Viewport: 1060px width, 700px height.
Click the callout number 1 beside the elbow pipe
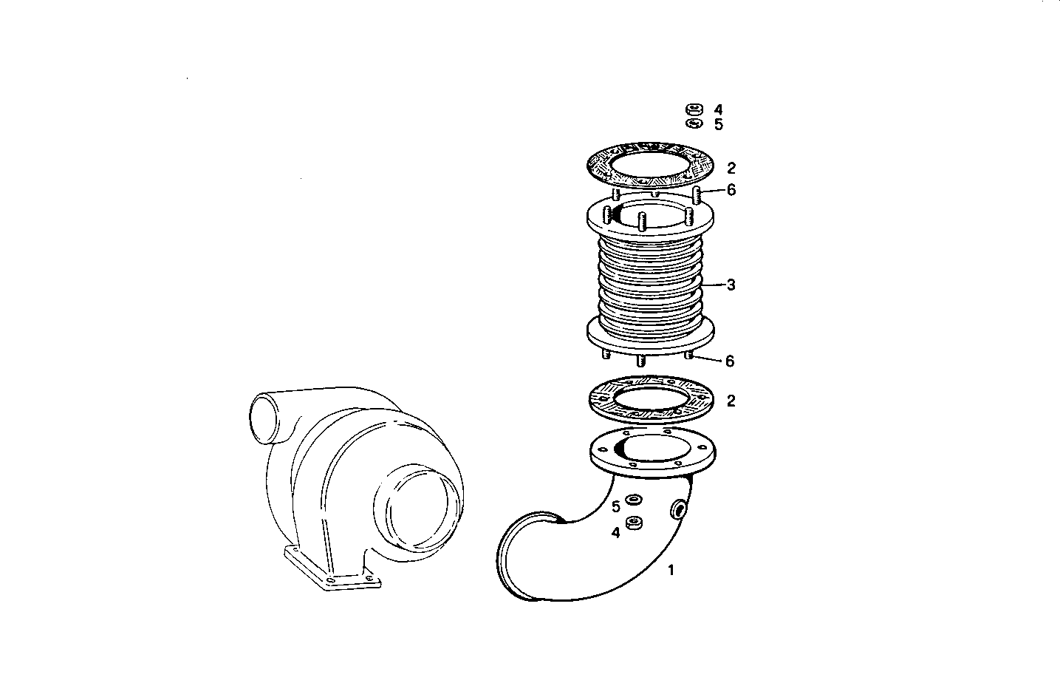pos(671,570)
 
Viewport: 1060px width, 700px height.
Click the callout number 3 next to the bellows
pos(731,285)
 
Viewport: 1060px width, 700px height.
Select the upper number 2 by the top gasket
pos(731,169)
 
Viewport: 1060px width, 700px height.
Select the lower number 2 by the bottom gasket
pos(731,401)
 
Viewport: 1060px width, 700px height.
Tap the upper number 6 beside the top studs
pos(731,190)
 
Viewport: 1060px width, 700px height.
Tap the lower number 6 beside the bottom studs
pos(730,361)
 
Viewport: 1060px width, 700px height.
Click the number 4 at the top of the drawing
pos(718,109)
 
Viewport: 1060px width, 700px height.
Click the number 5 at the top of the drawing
pos(718,125)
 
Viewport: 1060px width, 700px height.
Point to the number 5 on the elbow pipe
pos(615,507)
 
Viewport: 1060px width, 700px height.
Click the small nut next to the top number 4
pos(693,109)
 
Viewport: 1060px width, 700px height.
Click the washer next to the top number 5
pos(693,123)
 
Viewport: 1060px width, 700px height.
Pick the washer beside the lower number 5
pos(633,500)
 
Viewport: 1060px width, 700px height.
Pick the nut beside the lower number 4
pos(633,524)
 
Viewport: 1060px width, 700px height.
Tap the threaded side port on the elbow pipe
pos(677,509)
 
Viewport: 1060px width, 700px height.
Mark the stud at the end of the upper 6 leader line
pos(697,195)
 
